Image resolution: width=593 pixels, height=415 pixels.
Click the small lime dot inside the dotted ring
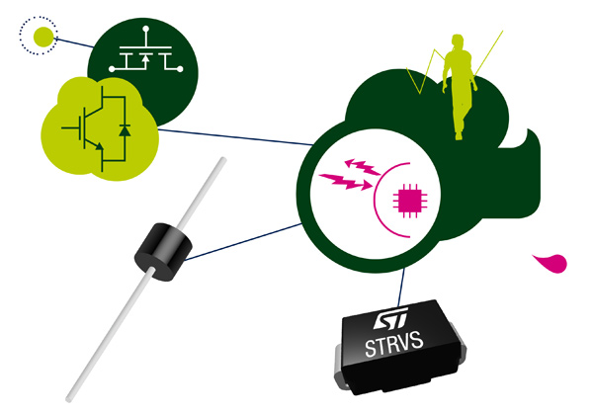43,37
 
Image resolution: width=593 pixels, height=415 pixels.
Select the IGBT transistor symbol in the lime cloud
86,129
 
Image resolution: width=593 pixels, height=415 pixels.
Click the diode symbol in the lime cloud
125,130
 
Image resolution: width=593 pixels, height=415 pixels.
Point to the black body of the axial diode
163,252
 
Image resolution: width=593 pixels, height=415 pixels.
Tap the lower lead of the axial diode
111,335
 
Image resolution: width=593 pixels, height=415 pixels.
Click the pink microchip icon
410,201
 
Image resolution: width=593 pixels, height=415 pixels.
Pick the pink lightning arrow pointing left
363,167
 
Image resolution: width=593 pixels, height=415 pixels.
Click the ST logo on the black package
391,318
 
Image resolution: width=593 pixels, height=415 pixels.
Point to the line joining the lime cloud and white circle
235,137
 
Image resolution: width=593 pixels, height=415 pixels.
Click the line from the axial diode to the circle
243,242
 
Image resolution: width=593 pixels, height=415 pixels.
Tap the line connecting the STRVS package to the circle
401,288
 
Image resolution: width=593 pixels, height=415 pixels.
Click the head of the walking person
458,41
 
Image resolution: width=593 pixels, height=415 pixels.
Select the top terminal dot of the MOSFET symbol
146,29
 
